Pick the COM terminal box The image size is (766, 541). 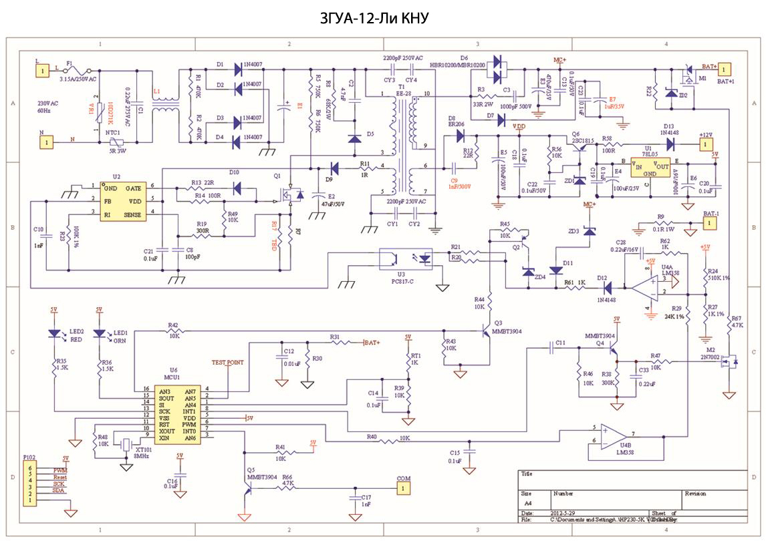coord(403,488)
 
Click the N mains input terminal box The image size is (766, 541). coord(46,142)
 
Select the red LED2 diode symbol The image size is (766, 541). coord(54,333)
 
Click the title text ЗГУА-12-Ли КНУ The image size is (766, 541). coord(382,19)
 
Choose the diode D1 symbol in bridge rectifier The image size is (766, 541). coord(237,67)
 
